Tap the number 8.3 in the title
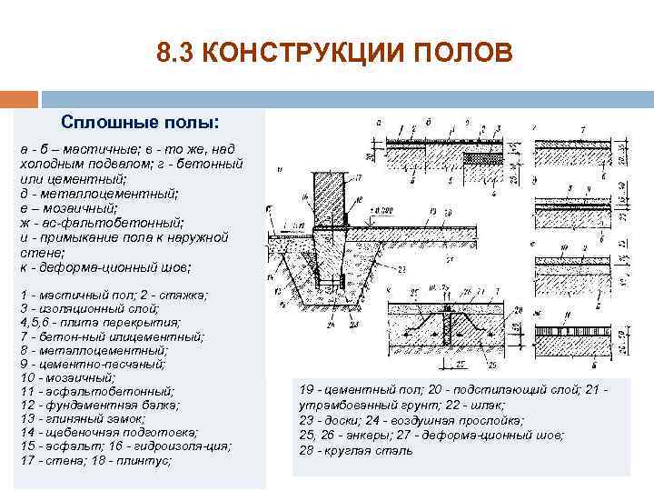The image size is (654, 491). pyautogui.click(x=174, y=54)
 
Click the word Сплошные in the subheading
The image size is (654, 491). pyautogui.click(x=99, y=121)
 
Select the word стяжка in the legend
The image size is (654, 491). pyautogui.click(x=182, y=295)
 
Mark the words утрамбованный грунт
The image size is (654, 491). pyautogui.click(x=342, y=406)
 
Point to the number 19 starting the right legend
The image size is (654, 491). pyautogui.click(x=305, y=391)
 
